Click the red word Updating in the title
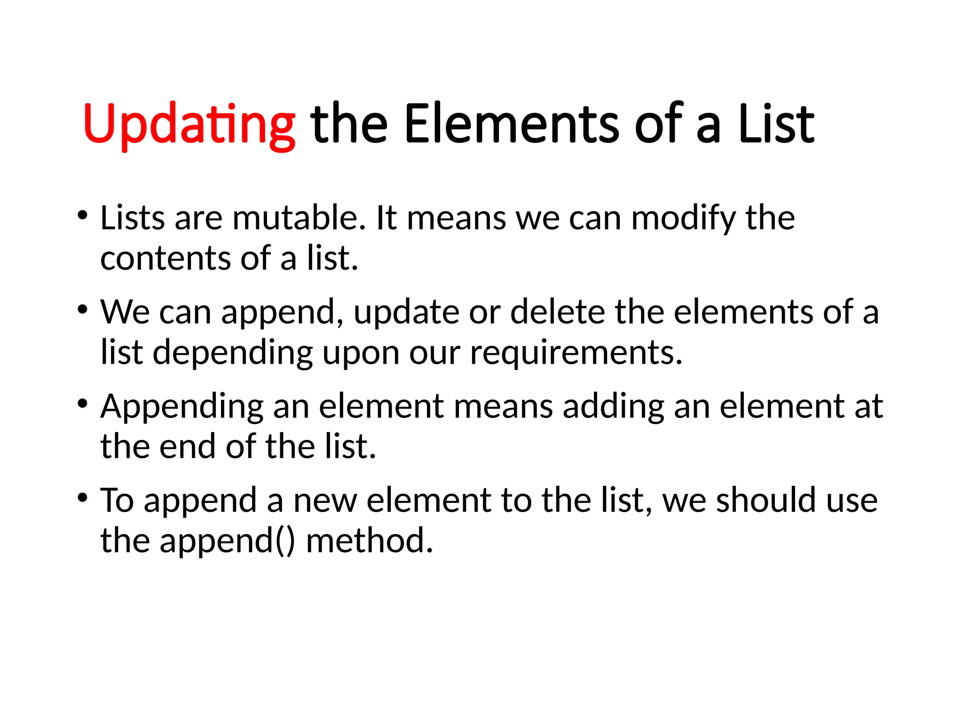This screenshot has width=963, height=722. click(x=189, y=125)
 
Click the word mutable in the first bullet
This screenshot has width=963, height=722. click(x=299, y=218)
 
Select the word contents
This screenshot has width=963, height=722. click(x=165, y=259)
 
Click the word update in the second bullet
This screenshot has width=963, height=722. click(x=406, y=313)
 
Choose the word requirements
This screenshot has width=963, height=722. click(x=576, y=353)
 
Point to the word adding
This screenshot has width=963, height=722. click(x=613, y=407)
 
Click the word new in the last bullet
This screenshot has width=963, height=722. click(x=325, y=500)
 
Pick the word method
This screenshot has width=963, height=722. click(x=369, y=541)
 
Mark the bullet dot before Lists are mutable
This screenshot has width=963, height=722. click(x=83, y=216)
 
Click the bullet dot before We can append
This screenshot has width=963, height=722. click(x=83, y=310)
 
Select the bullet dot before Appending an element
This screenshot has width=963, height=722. click(x=83, y=404)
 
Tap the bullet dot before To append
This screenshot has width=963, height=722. click(x=83, y=497)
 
